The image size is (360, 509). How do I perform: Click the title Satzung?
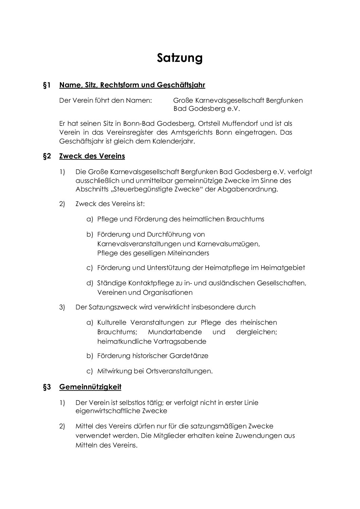(180, 58)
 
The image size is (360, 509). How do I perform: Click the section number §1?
(47, 85)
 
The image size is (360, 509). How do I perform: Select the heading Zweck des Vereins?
(92, 156)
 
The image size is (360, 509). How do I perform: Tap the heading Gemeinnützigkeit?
(90, 387)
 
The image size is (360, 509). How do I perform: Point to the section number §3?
(47, 387)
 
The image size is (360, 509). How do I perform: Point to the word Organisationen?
(167, 293)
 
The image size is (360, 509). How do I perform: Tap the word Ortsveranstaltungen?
(179, 371)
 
